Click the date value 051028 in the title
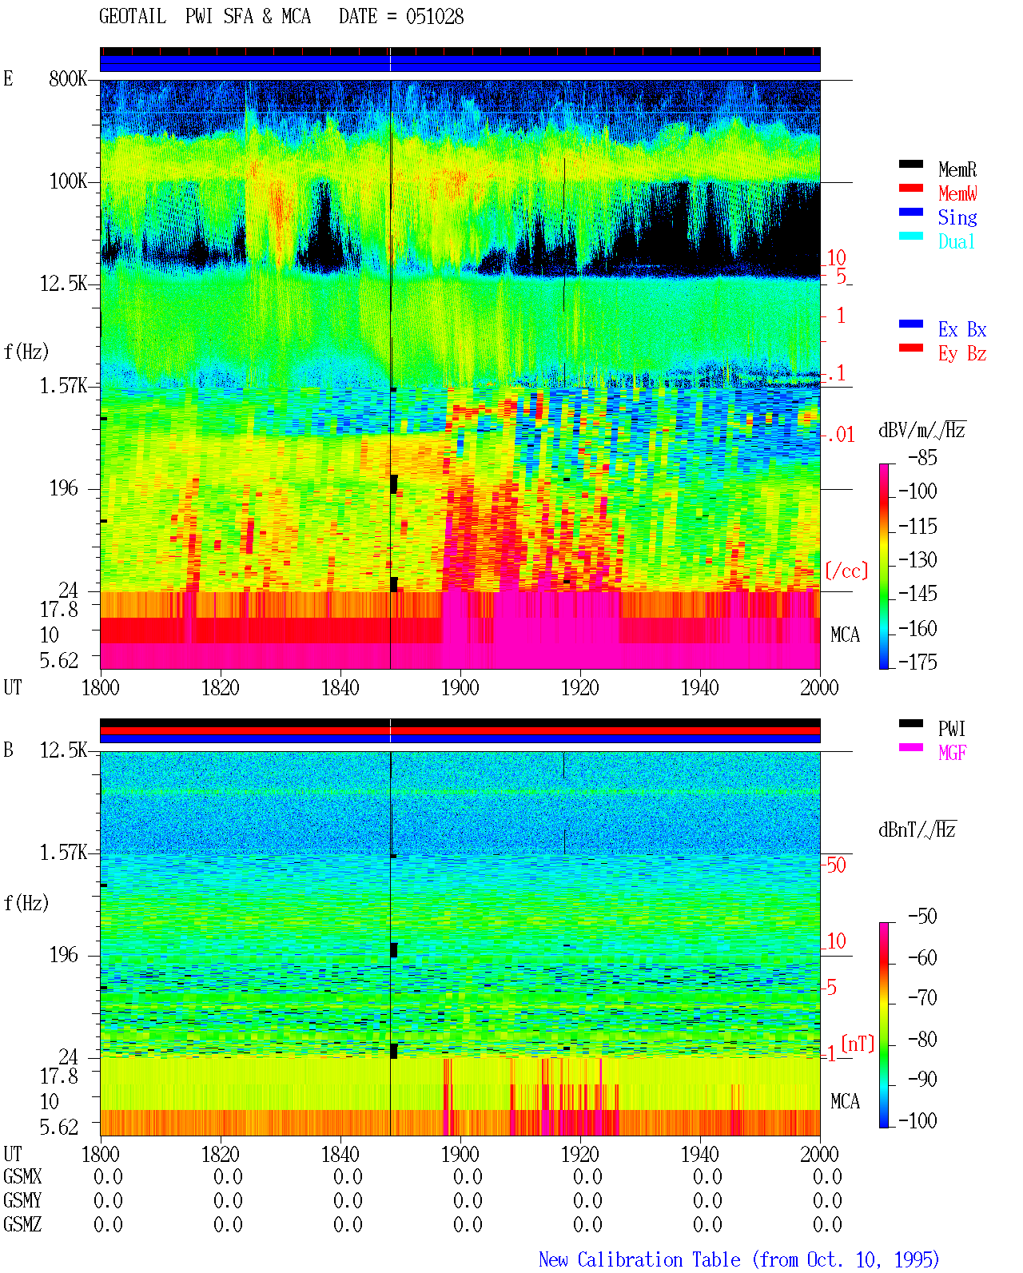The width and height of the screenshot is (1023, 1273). pyautogui.click(x=434, y=17)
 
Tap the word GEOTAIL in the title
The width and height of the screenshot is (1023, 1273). pyautogui.click(x=133, y=17)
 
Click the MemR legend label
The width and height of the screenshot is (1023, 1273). pyautogui.click(x=957, y=169)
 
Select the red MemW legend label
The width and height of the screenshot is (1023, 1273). pyautogui.click(x=957, y=193)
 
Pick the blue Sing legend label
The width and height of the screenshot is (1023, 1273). pyautogui.click(x=957, y=217)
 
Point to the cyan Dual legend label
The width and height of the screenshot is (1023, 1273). pyautogui.click(x=956, y=241)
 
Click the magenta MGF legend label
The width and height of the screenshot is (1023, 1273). pyautogui.click(x=952, y=753)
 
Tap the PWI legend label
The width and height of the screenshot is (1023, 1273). pyautogui.click(x=951, y=728)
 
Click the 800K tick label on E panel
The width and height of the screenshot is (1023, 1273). pyautogui.click(x=68, y=78)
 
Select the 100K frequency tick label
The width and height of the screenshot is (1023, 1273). pyautogui.click(x=68, y=181)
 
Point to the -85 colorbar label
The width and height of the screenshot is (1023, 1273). pyautogui.click(x=922, y=457)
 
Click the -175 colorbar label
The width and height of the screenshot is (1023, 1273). pyautogui.click(x=918, y=662)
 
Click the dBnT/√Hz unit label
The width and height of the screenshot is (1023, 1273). pyautogui.click(x=917, y=829)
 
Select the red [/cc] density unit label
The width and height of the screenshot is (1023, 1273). pyautogui.click(x=846, y=571)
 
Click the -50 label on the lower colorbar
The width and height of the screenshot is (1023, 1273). pyautogui.click(x=922, y=917)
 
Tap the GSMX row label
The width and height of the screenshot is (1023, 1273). pyautogui.click(x=22, y=1176)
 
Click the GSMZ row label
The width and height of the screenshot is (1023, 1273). pyautogui.click(x=22, y=1224)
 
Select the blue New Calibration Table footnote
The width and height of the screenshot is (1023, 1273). pyautogui.click(x=739, y=1259)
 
